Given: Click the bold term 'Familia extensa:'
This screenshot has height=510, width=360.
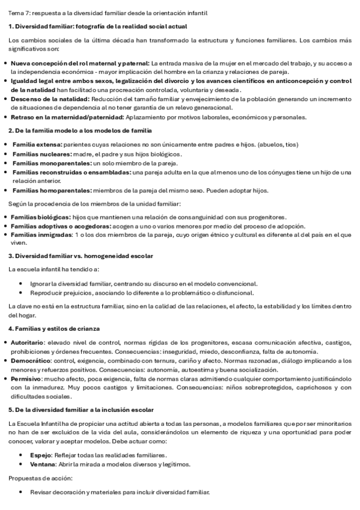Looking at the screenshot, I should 37,144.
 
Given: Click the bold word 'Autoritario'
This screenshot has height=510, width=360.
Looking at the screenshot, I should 26,342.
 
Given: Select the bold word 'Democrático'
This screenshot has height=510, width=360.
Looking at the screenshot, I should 28,360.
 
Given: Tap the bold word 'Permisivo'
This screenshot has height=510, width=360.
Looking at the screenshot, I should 26,379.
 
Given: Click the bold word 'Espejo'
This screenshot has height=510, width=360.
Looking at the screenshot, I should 40,455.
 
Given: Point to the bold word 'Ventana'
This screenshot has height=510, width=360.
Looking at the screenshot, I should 42,464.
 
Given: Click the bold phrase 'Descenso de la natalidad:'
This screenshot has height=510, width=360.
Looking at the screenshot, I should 50,99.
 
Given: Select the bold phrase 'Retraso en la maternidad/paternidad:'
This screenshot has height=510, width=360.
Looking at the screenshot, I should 67,117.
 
